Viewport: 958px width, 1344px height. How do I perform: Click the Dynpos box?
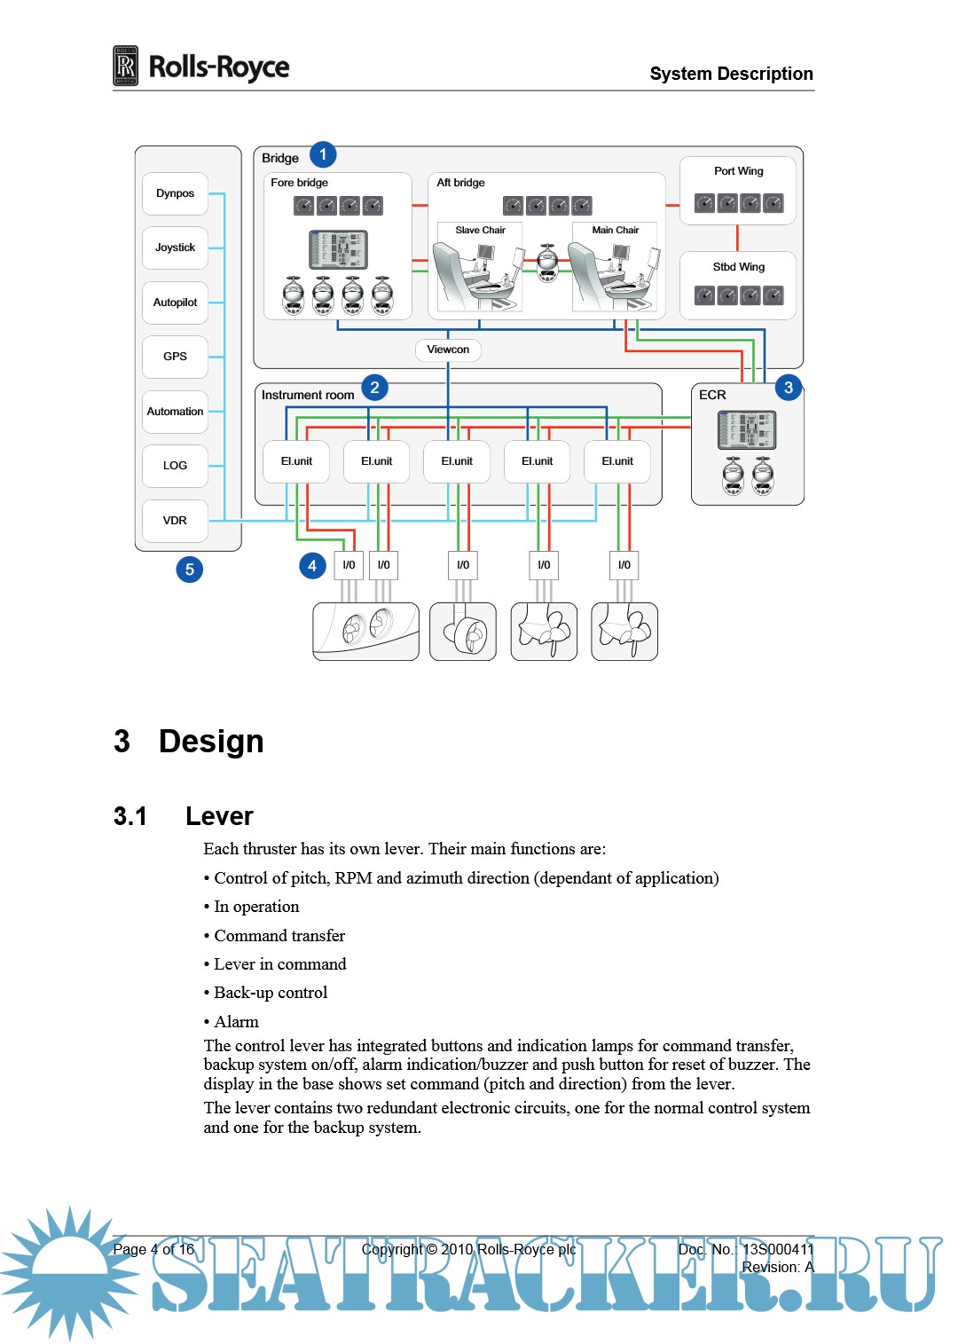tap(175, 193)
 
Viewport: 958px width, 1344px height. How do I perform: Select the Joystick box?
tap(175, 248)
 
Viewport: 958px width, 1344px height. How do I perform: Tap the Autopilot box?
tap(175, 303)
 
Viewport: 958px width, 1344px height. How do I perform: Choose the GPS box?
tap(175, 357)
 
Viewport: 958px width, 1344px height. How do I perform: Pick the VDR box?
tap(175, 521)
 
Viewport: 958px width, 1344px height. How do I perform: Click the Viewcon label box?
tap(448, 350)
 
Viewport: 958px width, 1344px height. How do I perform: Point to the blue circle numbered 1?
tap(323, 155)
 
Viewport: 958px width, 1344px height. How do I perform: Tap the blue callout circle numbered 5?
tap(189, 570)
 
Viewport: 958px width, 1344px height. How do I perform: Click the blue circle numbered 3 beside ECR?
tap(788, 388)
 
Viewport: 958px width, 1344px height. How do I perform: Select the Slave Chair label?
tap(480, 231)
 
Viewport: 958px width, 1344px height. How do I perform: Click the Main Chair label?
tap(615, 231)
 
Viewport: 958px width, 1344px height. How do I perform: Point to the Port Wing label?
tap(738, 171)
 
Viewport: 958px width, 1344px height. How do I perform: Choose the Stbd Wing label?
tap(738, 267)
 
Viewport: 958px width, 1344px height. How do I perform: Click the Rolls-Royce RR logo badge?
tap(126, 67)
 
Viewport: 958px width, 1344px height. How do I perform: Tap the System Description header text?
tap(731, 74)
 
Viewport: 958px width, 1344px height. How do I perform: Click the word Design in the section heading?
tap(211, 742)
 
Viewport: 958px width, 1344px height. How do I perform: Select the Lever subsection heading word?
tap(219, 816)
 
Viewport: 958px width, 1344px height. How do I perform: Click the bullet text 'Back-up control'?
tap(271, 993)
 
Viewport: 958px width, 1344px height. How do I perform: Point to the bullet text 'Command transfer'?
tap(279, 936)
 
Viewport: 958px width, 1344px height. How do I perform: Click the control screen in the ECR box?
tap(747, 430)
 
